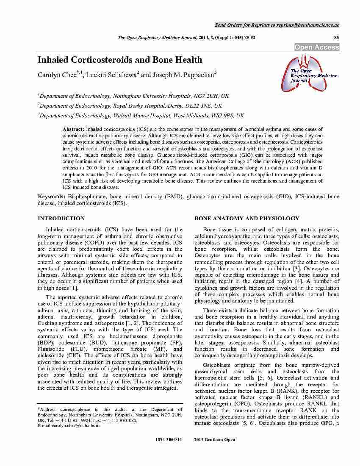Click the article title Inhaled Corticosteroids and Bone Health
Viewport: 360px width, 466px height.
pos(120,60)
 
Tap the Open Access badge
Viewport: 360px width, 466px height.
pos(317,47)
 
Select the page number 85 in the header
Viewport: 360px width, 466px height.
pos(337,38)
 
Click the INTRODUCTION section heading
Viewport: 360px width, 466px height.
pos(61,219)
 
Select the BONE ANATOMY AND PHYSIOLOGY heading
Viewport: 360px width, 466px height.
pos(246,219)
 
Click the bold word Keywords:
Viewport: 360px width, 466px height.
pos(52,197)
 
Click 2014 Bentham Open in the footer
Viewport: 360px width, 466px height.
pos(214,440)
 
